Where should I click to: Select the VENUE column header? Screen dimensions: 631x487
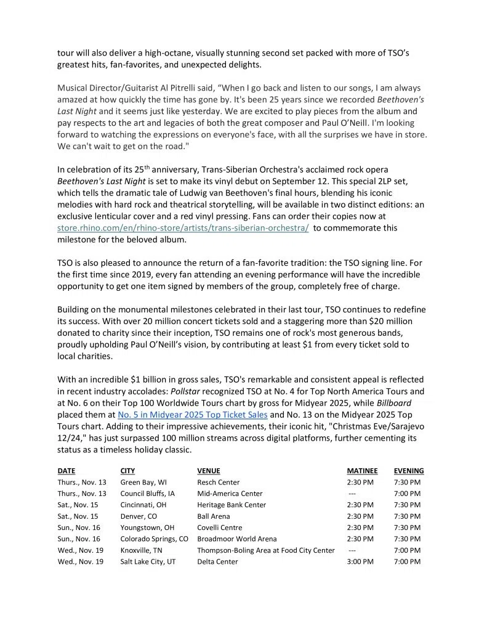208,471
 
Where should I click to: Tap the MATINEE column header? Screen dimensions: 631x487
362,471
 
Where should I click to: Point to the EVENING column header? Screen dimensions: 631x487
409,471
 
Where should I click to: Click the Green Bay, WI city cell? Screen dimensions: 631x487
143,482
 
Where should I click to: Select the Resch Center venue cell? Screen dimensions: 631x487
219,482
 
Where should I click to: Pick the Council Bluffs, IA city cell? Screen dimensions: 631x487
148,494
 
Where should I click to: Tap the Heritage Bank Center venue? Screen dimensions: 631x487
231,505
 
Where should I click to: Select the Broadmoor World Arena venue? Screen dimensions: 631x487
237,539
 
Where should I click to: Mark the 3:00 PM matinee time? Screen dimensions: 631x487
360,562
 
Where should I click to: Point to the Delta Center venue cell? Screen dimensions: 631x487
217,562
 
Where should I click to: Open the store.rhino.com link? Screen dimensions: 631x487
183,228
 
